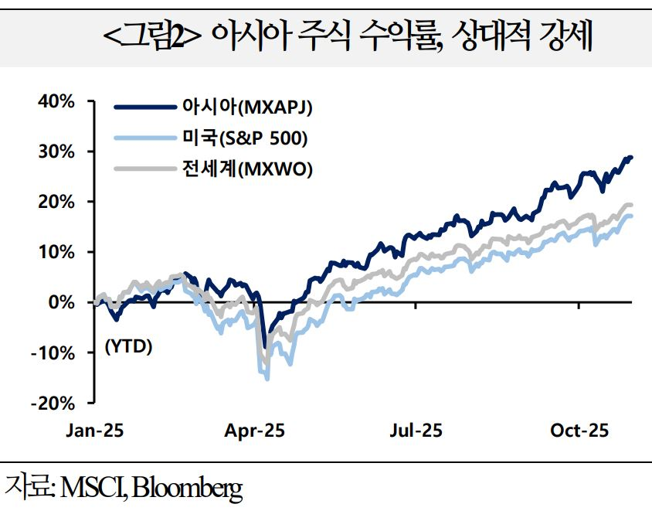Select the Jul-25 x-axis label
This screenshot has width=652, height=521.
click(416, 431)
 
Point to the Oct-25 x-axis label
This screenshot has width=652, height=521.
click(579, 431)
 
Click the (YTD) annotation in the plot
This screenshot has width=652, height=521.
click(128, 346)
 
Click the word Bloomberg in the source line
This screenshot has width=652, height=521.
click(188, 489)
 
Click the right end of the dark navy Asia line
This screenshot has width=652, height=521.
click(631, 158)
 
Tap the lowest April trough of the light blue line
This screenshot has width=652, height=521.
click(267, 379)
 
